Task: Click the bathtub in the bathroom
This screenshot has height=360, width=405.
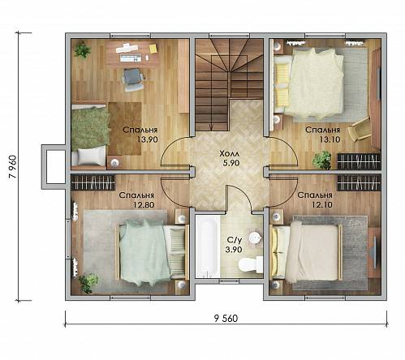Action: click(208, 246)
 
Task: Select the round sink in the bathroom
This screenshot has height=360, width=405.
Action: click(255, 238)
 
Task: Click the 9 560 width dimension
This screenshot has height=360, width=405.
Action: click(226, 319)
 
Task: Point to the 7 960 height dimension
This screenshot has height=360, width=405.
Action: click(13, 167)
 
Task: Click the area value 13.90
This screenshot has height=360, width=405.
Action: click(147, 139)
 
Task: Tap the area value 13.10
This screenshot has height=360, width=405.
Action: click(330, 139)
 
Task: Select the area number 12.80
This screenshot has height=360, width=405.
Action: click(144, 204)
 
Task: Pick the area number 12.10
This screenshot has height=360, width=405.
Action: click(322, 204)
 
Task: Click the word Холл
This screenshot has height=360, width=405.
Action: click(230, 154)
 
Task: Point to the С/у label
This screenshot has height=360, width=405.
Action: click(234, 240)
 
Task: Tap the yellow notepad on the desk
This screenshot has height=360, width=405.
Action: click(153, 49)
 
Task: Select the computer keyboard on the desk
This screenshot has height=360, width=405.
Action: click(131, 58)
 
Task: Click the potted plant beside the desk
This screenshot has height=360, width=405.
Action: click(82, 49)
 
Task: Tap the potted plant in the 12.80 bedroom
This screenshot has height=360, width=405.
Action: click(88, 282)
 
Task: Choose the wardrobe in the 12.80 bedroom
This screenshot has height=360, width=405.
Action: click(93, 182)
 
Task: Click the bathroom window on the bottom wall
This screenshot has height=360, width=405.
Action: click(230, 281)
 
